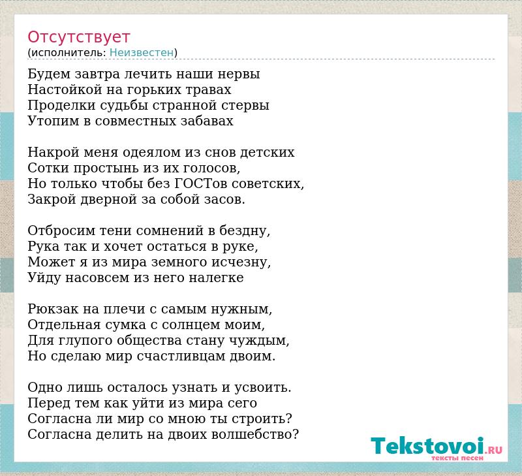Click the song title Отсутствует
(x=78, y=37)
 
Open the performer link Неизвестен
(x=142, y=52)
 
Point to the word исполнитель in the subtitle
(x=69, y=52)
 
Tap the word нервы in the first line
(x=239, y=74)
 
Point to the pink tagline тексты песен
(x=457, y=458)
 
